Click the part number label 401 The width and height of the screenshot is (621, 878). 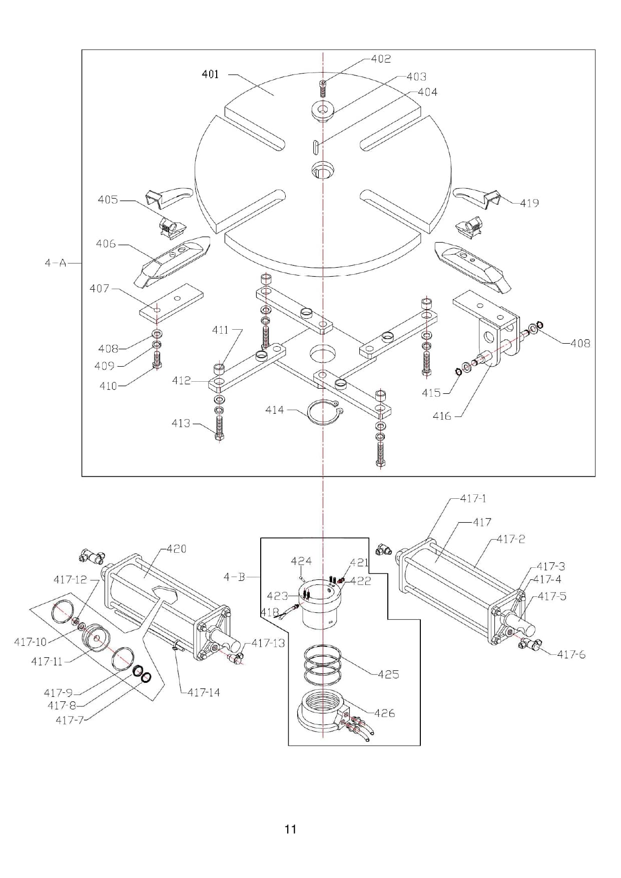click(x=210, y=74)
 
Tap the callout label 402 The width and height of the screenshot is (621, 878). click(x=381, y=59)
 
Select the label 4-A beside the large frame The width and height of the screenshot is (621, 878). click(x=56, y=263)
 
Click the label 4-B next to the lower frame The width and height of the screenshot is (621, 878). click(x=234, y=577)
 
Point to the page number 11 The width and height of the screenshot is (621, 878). click(x=290, y=829)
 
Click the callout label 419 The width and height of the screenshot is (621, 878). click(x=529, y=203)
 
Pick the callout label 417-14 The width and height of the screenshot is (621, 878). click(x=204, y=692)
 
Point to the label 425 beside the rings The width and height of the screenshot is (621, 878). click(x=388, y=674)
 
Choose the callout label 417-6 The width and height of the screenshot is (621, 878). click(x=571, y=654)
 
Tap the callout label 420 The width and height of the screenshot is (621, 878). click(x=176, y=549)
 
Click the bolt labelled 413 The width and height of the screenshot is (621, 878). click(x=219, y=428)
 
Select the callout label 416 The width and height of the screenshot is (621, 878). click(x=442, y=416)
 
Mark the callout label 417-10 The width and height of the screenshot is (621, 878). click(x=30, y=642)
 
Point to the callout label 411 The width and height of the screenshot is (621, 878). click(x=220, y=330)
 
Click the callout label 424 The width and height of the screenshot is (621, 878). click(x=301, y=561)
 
